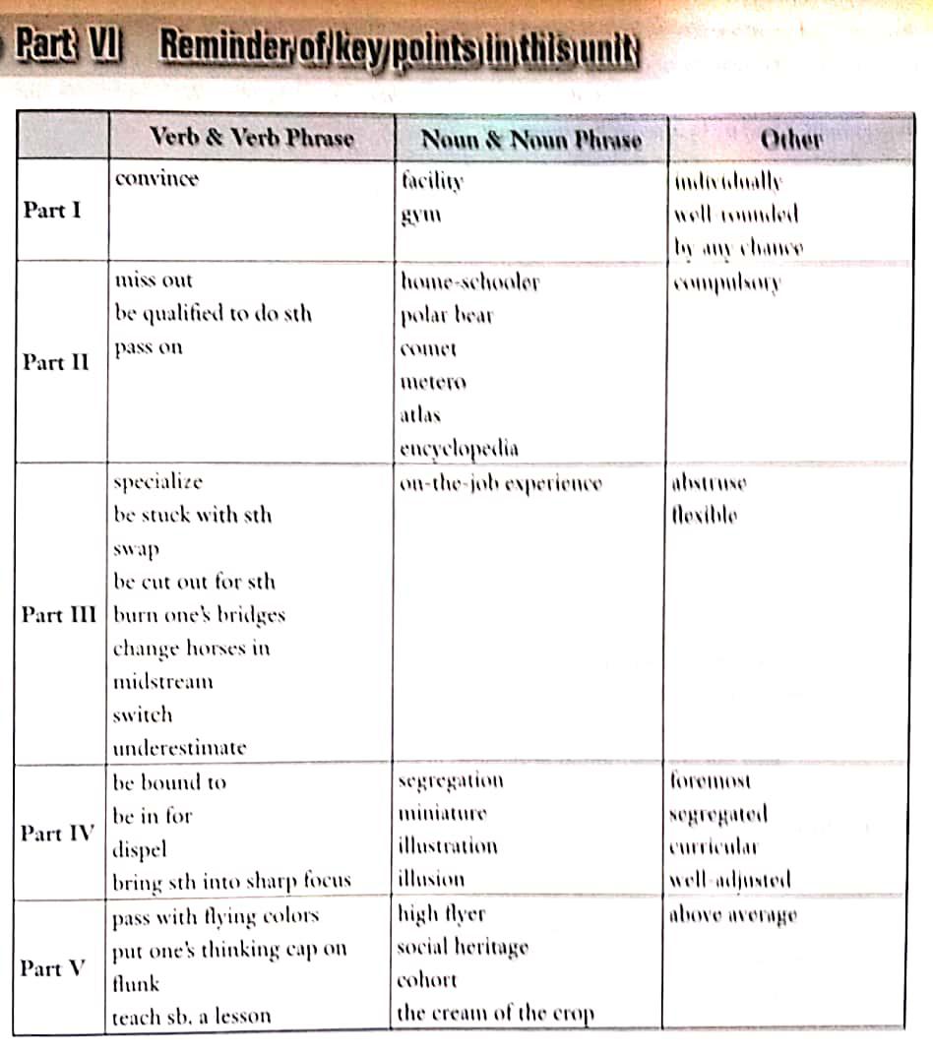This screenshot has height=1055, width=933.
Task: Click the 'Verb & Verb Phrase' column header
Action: [x=251, y=138]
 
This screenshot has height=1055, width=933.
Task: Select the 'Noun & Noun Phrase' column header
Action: [x=531, y=140]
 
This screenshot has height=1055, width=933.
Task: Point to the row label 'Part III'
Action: [x=59, y=614]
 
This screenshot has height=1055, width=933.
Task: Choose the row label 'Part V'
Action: [x=54, y=968]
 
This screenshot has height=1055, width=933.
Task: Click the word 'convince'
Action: [x=156, y=179]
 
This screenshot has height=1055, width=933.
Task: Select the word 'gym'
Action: [x=420, y=214]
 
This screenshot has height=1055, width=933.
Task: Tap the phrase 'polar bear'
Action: [x=446, y=316]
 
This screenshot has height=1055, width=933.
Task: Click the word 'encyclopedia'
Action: [x=460, y=449]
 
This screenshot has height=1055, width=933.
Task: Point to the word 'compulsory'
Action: [x=726, y=283]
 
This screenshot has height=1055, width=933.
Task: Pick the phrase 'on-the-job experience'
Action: [x=500, y=483]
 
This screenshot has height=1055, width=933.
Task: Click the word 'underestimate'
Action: [x=179, y=748]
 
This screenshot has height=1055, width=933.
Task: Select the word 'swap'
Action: [x=136, y=548]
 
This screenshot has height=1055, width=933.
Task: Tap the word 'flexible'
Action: [x=704, y=515]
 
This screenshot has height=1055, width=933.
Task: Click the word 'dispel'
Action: [x=140, y=848]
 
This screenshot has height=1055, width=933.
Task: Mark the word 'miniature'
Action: [x=442, y=814]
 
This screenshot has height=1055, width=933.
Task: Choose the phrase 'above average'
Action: [x=732, y=915]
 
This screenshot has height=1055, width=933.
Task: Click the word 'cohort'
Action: [x=426, y=980]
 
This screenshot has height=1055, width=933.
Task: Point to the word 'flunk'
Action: [x=136, y=983]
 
